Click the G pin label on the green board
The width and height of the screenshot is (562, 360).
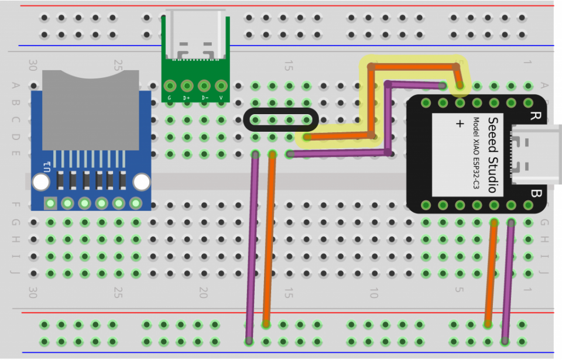click(x=170, y=98)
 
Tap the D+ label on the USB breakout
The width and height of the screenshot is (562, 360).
click(x=187, y=98)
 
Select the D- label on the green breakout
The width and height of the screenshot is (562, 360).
click(x=204, y=98)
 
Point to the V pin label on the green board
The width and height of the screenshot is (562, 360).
click(x=221, y=98)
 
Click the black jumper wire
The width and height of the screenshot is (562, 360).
click(x=281, y=111)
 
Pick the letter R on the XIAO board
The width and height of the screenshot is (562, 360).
click(x=534, y=115)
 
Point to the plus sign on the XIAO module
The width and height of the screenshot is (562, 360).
click(x=460, y=124)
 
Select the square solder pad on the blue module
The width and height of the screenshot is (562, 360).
click(x=50, y=204)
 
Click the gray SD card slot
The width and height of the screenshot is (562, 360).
click(x=90, y=108)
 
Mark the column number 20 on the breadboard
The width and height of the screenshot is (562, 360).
click(x=203, y=291)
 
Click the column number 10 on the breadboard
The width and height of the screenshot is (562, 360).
click(x=373, y=291)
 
